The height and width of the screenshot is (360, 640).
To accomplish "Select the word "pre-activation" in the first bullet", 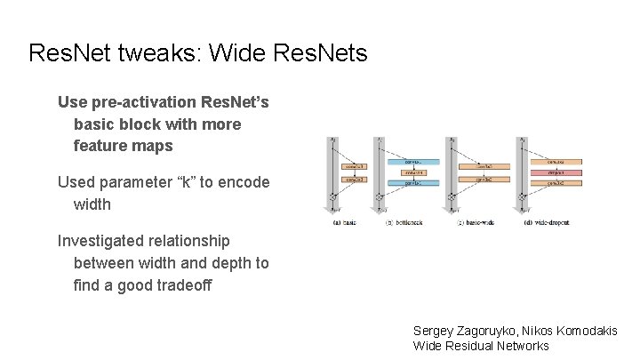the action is [x=140, y=102].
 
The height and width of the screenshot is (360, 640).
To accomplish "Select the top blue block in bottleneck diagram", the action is [x=411, y=161].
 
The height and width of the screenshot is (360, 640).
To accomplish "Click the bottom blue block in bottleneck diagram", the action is [x=411, y=182].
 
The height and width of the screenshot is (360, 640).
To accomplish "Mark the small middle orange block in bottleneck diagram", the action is [x=411, y=172].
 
